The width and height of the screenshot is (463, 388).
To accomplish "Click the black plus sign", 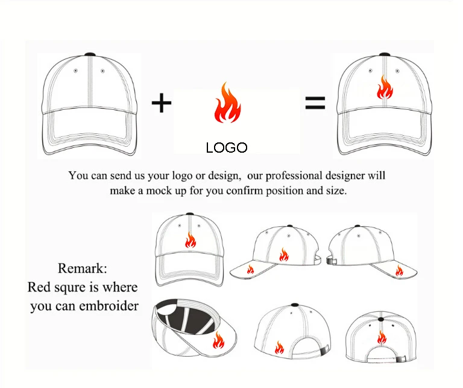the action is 161,103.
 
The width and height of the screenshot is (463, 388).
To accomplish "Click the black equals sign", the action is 315,103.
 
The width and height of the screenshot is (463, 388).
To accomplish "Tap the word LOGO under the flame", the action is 227,148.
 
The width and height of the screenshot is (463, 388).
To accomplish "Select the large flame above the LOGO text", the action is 227,102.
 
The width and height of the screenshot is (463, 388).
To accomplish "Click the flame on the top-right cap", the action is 385,87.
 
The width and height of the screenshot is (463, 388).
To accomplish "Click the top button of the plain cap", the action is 90,55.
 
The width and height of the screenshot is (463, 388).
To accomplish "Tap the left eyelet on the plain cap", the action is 75,71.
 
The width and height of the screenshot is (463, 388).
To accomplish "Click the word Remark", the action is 83,269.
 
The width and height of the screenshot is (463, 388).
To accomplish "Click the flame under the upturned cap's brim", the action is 218,340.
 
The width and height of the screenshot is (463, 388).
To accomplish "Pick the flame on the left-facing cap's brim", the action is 250,270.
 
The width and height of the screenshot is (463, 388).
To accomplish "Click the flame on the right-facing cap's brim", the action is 399,271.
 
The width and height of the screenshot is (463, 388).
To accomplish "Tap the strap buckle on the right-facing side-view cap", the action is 332,261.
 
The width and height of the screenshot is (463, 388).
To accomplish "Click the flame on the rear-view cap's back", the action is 382,337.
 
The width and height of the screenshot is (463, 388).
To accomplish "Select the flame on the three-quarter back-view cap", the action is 279,347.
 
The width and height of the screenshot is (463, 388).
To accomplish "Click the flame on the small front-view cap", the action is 191,240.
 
